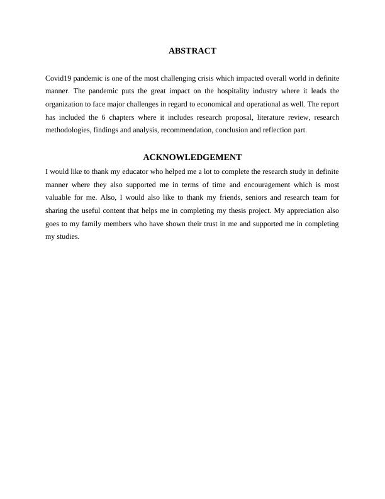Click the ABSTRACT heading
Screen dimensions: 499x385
pyautogui.click(x=192, y=50)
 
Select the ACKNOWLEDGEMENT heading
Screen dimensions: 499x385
pyautogui.click(x=192, y=157)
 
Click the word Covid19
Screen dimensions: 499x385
pyautogui.click(x=58, y=78)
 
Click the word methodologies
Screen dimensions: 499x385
pyautogui.click(x=69, y=130)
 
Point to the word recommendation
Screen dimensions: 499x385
pyautogui.click(x=189, y=130)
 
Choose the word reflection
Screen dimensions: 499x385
pyautogui.click(x=275, y=130)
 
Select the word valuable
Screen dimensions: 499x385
pyautogui.click(x=60, y=198)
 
